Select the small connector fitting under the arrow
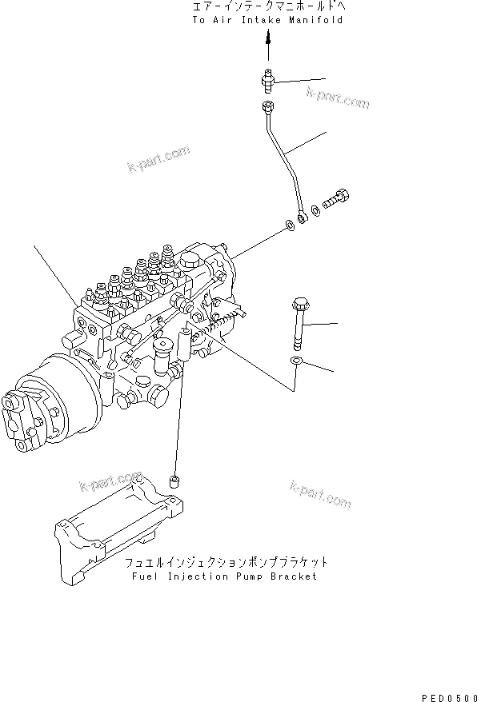coord(268,78)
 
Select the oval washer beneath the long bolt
coord(296,363)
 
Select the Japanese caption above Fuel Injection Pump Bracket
coord(226,562)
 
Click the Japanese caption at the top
coord(267,6)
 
